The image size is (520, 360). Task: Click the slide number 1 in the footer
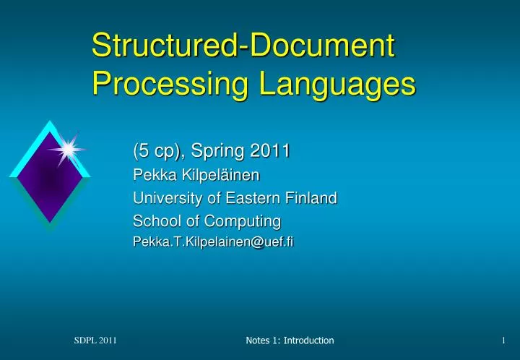coord(503,340)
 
